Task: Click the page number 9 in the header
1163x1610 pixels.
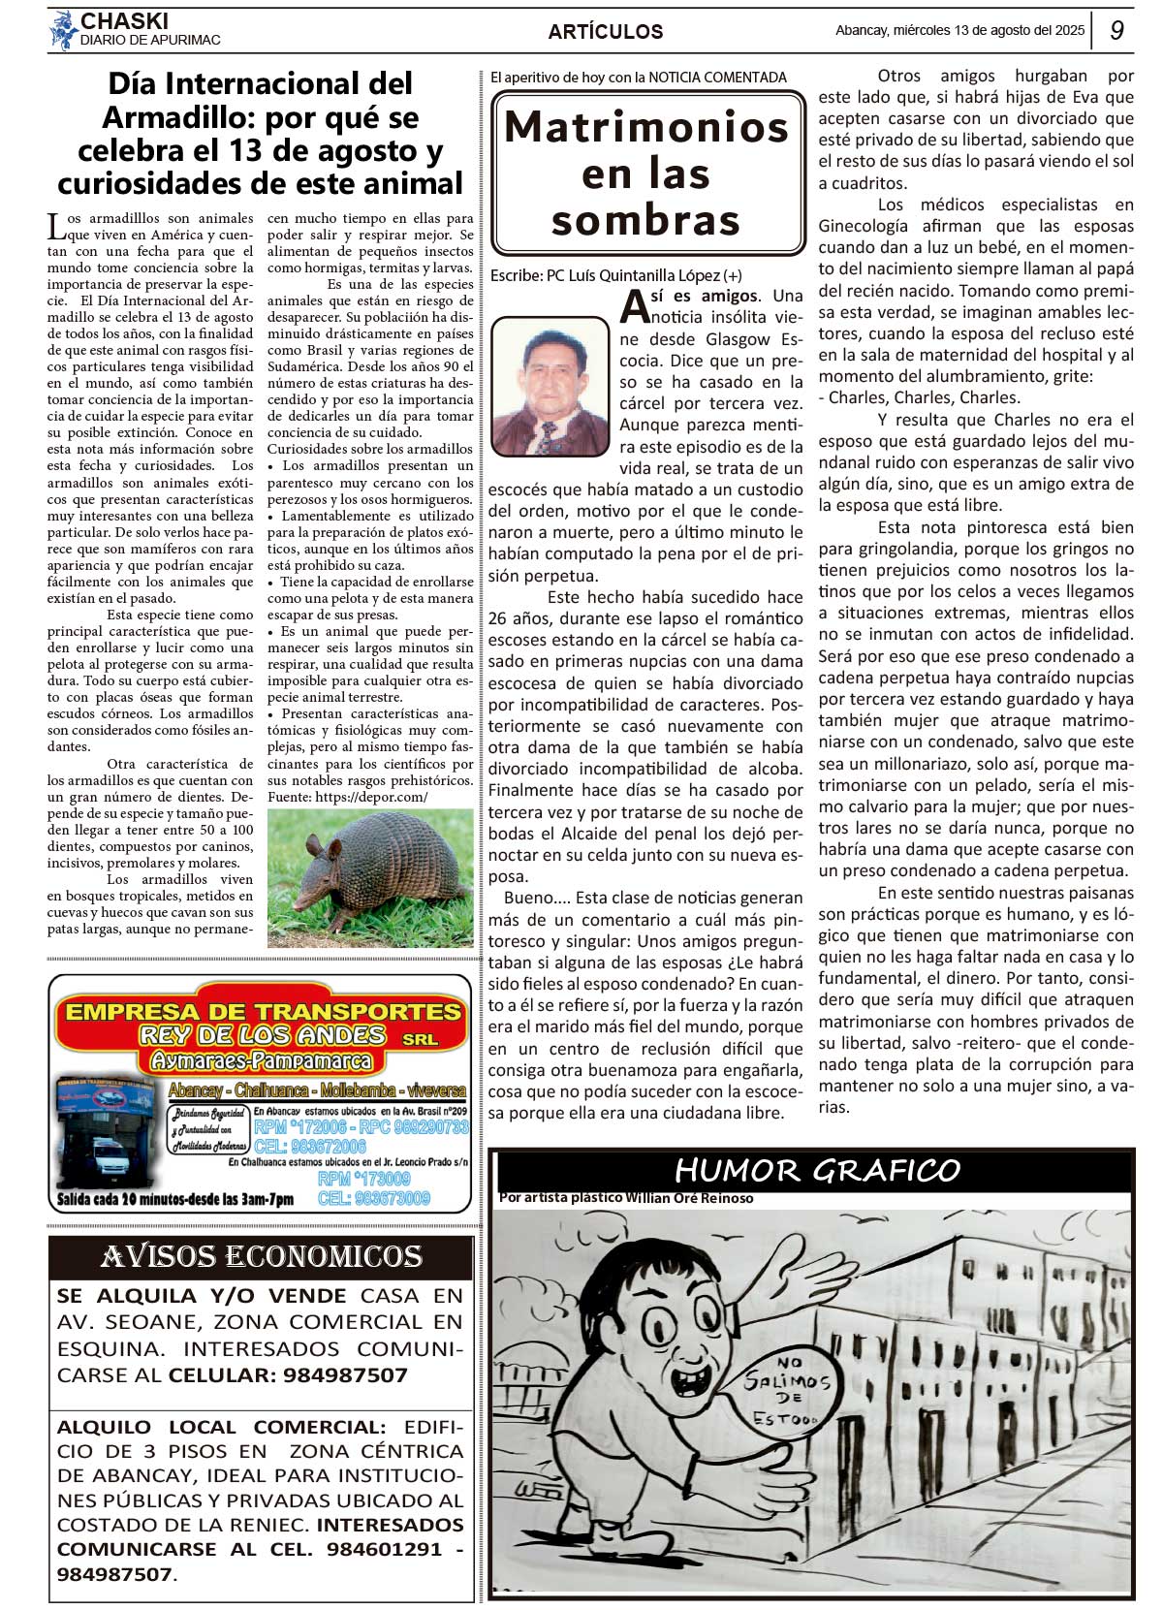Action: point(1116,30)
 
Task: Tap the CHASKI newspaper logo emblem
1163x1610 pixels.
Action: point(63,30)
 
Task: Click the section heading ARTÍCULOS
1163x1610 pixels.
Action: point(605,32)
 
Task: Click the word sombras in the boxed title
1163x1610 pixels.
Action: point(645,221)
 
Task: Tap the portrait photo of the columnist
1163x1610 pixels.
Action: point(550,386)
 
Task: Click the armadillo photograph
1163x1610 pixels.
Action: point(370,878)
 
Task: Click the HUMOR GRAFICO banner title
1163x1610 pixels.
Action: point(816,1170)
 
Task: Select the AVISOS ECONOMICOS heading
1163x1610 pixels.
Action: point(261,1256)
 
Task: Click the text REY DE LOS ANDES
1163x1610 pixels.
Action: point(262,1035)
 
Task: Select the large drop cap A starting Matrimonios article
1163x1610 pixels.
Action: point(634,305)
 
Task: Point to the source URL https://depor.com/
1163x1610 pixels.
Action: point(370,797)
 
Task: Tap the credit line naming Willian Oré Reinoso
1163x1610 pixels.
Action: point(626,1198)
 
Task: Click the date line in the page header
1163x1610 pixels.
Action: point(959,30)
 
